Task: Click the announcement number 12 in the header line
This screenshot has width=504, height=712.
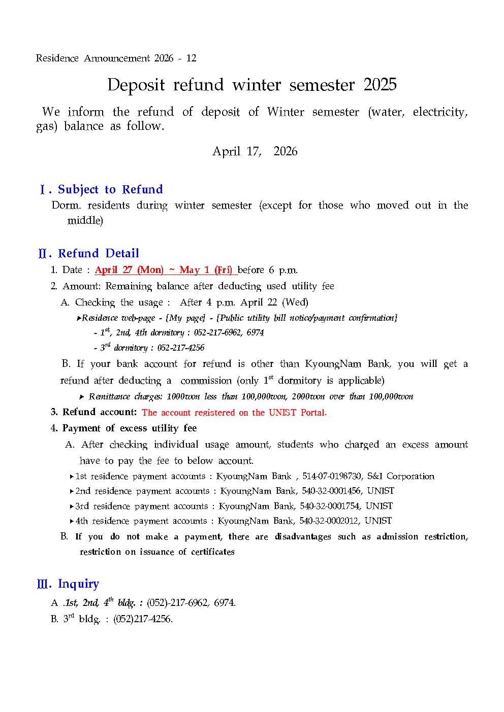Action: coord(191,58)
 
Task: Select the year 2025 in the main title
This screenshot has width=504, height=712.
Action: coord(380,85)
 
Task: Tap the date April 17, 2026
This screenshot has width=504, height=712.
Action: coord(255,151)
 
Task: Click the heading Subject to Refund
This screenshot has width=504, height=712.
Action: coord(110,189)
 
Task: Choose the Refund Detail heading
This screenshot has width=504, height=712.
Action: coord(99,253)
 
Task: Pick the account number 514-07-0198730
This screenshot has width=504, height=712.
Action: coord(332,477)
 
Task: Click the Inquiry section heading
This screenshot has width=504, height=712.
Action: coord(78,584)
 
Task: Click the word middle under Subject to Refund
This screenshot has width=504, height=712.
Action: coord(85,221)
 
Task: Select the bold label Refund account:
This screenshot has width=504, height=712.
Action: coord(100,412)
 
